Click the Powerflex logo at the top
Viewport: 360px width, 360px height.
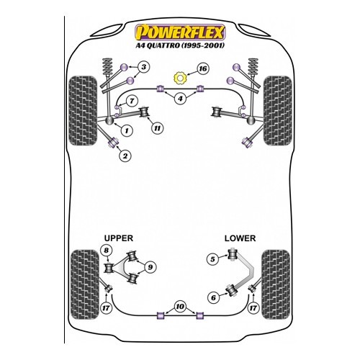click(x=180, y=32)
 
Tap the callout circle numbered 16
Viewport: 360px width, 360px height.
click(x=203, y=69)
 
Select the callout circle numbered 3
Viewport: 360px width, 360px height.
click(x=143, y=67)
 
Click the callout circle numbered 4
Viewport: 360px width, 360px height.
click(x=180, y=99)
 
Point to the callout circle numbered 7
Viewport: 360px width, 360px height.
click(x=132, y=101)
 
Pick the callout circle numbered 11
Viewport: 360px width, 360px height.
click(x=157, y=128)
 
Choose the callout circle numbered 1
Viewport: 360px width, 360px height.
click(x=127, y=130)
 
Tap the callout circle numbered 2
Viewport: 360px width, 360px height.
click(x=125, y=156)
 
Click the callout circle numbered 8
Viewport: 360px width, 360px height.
click(x=106, y=251)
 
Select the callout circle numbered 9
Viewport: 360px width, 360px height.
click(x=150, y=267)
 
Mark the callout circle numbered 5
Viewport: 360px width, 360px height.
click(x=212, y=259)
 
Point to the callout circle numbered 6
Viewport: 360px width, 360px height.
click(x=213, y=298)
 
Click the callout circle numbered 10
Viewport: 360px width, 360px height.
click(x=180, y=307)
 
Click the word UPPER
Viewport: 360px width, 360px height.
click(x=119, y=238)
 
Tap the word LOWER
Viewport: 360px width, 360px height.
click(x=240, y=238)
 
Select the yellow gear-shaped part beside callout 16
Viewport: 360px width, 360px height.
click(x=180, y=78)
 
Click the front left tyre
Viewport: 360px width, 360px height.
click(x=83, y=111)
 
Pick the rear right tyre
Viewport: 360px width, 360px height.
click(x=276, y=284)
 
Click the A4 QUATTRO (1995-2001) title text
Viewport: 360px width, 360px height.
click(x=180, y=45)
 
